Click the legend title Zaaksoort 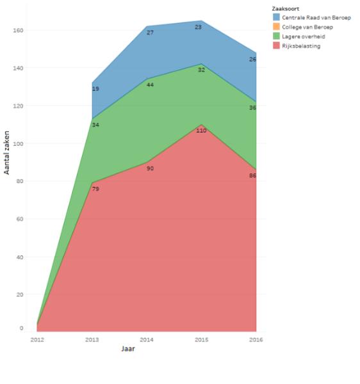click(x=286, y=9)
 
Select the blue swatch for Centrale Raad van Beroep click(x=276, y=17)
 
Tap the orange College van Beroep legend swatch click(x=276, y=26)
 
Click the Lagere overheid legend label click(x=304, y=36)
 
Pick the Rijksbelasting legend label click(x=301, y=46)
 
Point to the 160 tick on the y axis click(x=18, y=30)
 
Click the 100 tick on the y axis click(x=18, y=143)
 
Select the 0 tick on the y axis click(x=21, y=328)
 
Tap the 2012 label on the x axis click(x=37, y=340)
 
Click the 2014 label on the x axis click(x=147, y=340)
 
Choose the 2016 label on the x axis click(x=256, y=340)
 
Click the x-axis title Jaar click(x=128, y=349)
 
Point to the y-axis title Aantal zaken click(x=6, y=152)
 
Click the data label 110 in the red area click(x=201, y=131)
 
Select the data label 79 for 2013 click(x=95, y=189)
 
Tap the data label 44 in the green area click(x=150, y=84)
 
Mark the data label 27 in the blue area click(x=150, y=33)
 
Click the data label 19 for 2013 click(x=95, y=89)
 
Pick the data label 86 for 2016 click(x=252, y=175)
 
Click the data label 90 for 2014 click(x=150, y=168)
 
